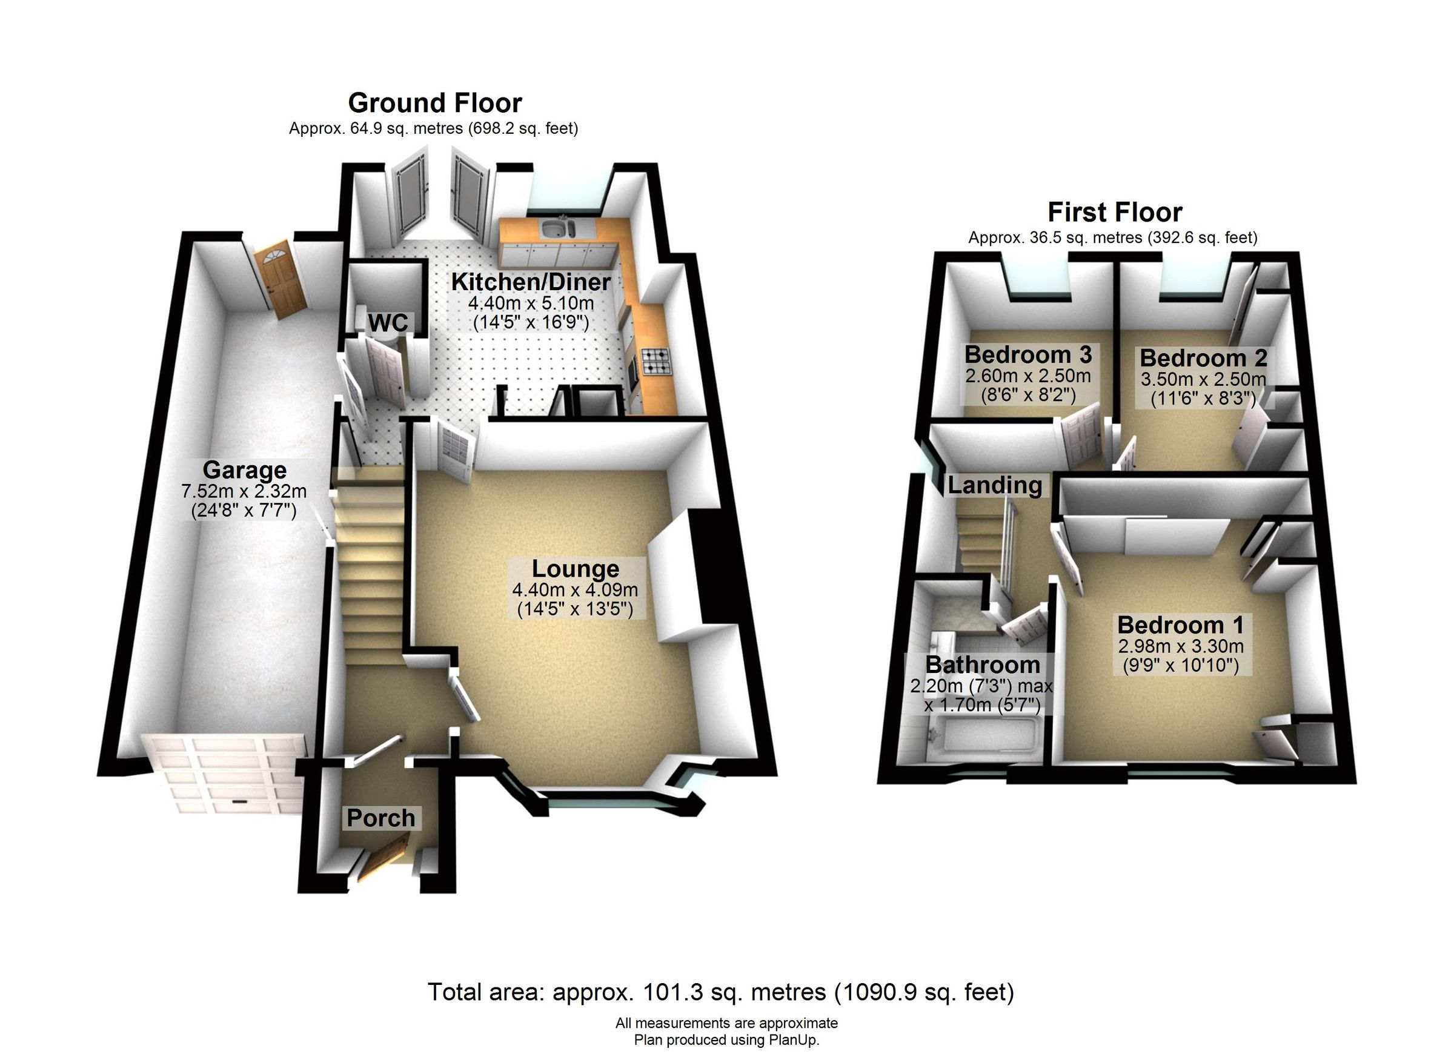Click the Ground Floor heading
434,103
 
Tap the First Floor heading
1114,212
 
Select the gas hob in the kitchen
656,360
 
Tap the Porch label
380,818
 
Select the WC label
388,323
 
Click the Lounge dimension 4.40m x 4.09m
574,590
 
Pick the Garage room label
244,470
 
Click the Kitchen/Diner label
530,282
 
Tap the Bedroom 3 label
1027,354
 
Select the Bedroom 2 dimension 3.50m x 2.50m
1203,379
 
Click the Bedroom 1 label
1180,625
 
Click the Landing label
994,485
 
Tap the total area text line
720,992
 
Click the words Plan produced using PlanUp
726,1039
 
